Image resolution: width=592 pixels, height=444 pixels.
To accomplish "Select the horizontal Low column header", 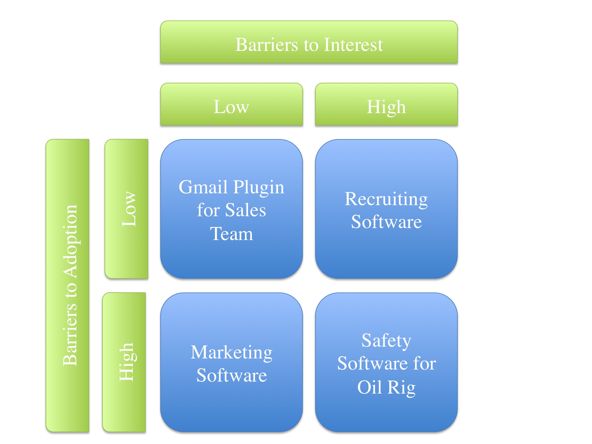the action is (x=231, y=107).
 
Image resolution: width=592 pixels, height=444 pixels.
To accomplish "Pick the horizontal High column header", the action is (x=386, y=107).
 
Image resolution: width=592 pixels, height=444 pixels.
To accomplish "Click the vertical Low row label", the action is (x=129, y=209).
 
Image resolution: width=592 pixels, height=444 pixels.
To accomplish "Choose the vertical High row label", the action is (x=126, y=362).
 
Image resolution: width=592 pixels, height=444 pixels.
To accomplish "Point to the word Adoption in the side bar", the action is (x=70, y=241).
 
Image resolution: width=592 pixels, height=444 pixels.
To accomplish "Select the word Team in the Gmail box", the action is (x=231, y=234).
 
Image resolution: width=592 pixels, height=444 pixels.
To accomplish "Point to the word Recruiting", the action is (x=386, y=199).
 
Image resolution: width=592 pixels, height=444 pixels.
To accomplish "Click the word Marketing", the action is (x=231, y=353).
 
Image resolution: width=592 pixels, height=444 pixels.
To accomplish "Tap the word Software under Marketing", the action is (x=231, y=375).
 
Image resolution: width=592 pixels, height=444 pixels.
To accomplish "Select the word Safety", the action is (x=386, y=341).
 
